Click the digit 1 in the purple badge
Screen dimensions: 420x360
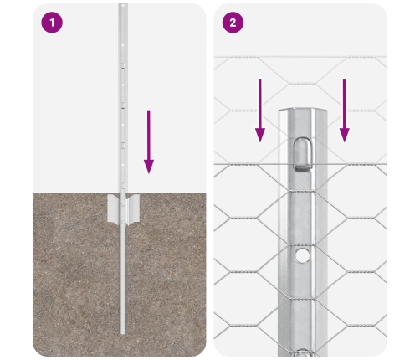[x=52, y=23]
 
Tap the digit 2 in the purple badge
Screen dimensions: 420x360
[x=233, y=23]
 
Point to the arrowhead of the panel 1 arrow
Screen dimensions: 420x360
[x=149, y=167]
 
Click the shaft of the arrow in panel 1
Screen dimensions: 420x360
[x=149, y=135]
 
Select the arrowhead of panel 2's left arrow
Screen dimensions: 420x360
[x=260, y=136]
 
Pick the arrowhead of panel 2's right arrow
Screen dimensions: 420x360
[x=345, y=136]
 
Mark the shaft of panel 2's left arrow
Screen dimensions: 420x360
[x=260, y=104]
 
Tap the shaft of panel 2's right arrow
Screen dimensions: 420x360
[x=345, y=104]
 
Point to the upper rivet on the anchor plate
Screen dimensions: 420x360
[x=123, y=205]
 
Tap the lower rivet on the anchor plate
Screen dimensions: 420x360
[x=123, y=223]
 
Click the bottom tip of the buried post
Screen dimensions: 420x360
[x=123, y=333]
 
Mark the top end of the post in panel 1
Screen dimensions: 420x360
[x=123, y=4]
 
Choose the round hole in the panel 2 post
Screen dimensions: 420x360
[x=302, y=255]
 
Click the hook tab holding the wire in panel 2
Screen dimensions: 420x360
[x=303, y=154]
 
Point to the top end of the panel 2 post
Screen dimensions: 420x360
[x=303, y=110]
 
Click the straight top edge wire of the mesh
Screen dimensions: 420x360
[x=300, y=57]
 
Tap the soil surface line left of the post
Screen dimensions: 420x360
[x=76, y=193]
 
